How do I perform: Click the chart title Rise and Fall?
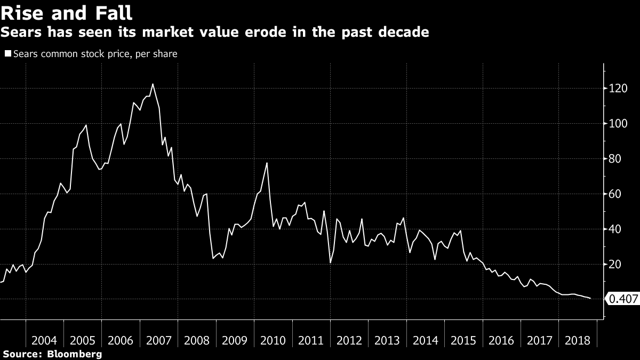click(66, 13)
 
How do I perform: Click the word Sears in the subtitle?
click(21, 32)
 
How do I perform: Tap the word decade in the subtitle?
click(403, 32)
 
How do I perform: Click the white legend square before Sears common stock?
click(8, 53)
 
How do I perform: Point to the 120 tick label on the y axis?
click(618, 89)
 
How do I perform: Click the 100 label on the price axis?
click(618, 124)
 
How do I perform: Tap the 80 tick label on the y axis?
click(615, 159)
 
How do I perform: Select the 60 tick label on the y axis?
click(615, 194)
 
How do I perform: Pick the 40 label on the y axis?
click(615, 229)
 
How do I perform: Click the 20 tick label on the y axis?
click(615, 265)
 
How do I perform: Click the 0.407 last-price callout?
click(622, 299)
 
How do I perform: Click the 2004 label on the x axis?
click(44, 340)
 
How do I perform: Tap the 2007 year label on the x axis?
click(158, 340)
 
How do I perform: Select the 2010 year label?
click(273, 340)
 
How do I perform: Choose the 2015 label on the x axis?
click(463, 340)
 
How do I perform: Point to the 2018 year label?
click(578, 340)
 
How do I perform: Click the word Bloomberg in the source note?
click(75, 354)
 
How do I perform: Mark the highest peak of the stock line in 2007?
click(153, 84)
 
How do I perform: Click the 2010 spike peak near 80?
click(267, 163)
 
